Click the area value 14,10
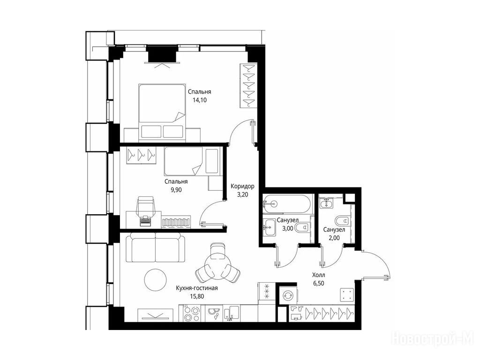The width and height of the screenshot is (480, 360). click(200, 100)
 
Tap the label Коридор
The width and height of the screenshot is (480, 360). click(242, 186)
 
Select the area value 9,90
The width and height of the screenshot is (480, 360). click(176, 190)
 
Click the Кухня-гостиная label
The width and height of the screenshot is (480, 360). click(197, 288)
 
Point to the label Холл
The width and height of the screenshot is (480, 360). click(318, 275)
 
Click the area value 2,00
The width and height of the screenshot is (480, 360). click(334, 238)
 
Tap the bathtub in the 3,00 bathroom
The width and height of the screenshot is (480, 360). click(287, 204)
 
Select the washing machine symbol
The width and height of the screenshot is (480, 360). click(288, 295)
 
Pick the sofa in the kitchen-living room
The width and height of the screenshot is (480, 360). click(155, 247)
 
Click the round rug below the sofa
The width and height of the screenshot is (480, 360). click(156, 280)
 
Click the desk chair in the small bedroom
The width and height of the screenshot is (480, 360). click(146, 208)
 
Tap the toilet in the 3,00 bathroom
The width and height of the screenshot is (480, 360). click(302, 228)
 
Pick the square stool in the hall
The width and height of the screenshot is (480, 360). click(347, 295)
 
